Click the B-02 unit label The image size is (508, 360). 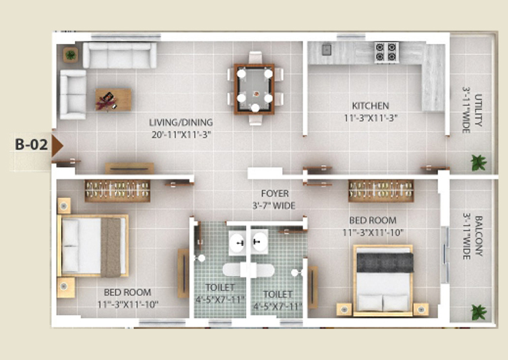pyautogui.click(x=32, y=145)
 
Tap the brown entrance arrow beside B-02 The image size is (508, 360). pyautogui.click(x=57, y=146)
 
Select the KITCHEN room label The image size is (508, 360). pyautogui.click(x=371, y=106)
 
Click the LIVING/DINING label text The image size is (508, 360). pyautogui.click(x=181, y=122)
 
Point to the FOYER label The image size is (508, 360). pyautogui.click(x=275, y=193)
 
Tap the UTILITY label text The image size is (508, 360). pyautogui.click(x=478, y=110)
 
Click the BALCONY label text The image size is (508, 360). pyautogui.click(x=478, y=236)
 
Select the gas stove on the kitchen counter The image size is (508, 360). pyautogui.click(x=387, y=52)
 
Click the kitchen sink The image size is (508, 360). pyautogui.click(x=326, y=50)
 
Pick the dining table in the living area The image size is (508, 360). pyautogui.click(x=254, y=89)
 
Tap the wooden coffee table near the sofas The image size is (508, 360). pyautogui.click(x=113, y=100)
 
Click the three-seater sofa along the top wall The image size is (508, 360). pyautogui.click(x=119, y=55)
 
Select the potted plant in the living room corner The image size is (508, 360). pyautogui.click(x=70, y=55)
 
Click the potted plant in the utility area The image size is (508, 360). pyautogui.click(x=479, y=162)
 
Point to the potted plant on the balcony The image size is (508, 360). pyautogui.click(x=479, y=312)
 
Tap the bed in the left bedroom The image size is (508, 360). pyautogui.click(x=93, y=245)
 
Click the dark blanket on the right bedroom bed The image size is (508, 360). pyautogui.click(x=385, y=262)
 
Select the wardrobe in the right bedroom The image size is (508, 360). pyautogui.click(x=381, y=191)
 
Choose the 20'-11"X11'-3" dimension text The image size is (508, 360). pyautogui.click(x=181, y=134)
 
